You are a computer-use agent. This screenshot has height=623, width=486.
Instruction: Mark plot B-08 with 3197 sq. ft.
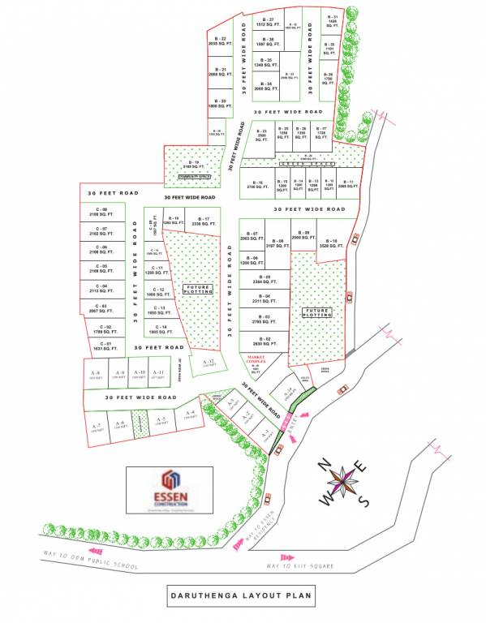coord(277,243)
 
